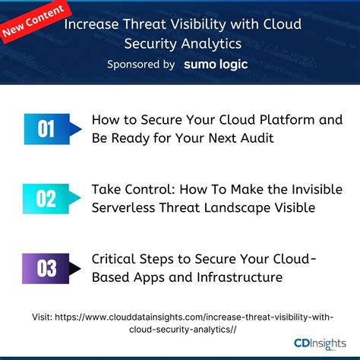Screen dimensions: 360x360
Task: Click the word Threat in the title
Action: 140,24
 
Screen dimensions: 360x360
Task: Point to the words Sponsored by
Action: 141,65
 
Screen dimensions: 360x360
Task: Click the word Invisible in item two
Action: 312,190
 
